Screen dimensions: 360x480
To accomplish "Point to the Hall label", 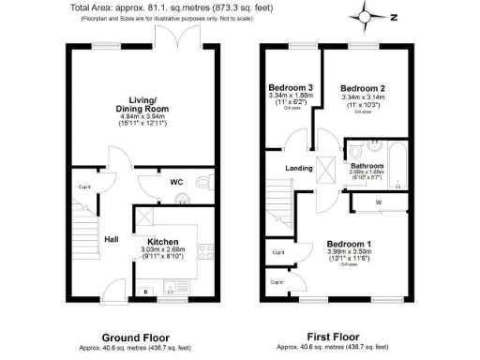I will pos(111,238).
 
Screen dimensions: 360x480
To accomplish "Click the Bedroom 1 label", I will pos(349,242).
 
